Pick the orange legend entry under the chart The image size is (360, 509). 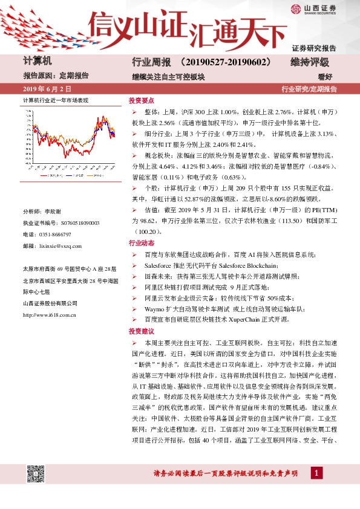coord(94,175)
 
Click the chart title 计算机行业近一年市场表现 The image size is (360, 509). coord(56,100)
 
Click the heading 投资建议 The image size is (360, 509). coord(141,331)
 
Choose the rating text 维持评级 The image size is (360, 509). coord(309,62)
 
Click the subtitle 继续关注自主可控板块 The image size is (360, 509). coord(168,77)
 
